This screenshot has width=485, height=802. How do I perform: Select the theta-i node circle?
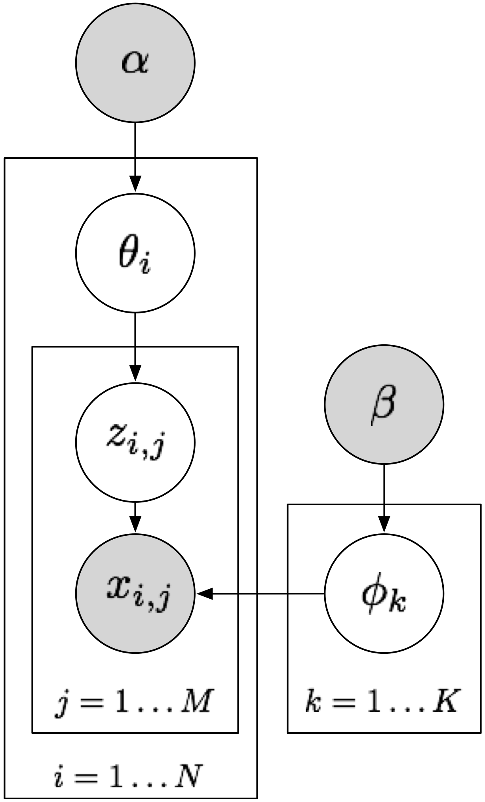pyautogui.click(x=135, y=253)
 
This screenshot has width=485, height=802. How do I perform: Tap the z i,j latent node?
pyautogui.click(x=135, y=442)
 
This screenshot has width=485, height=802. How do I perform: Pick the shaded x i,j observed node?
pyautogui.click(x=135, y=593)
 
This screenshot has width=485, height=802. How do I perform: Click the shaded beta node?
pyautogui.click(x=384, y=405)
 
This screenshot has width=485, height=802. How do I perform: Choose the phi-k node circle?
pyautogui.click(x=384, y=593)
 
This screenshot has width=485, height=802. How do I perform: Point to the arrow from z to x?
pyautogui.click(x=135, y=517)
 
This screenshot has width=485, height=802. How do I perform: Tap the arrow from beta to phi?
pyautogui.click(x=384, y=499)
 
